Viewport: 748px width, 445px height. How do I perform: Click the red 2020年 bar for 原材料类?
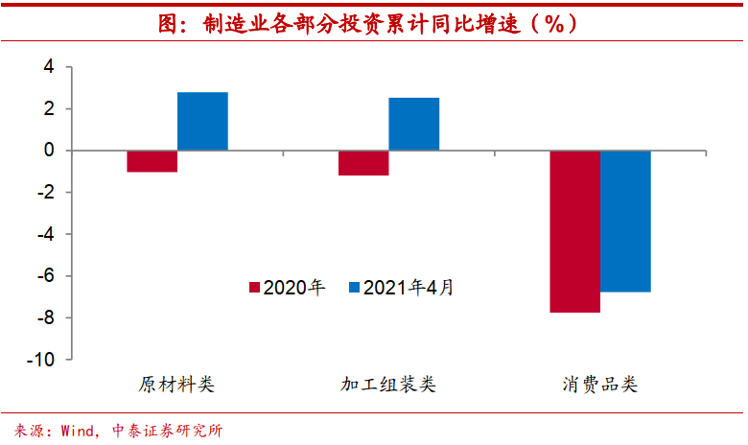152,161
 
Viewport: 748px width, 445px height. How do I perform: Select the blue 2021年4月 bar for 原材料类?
202,122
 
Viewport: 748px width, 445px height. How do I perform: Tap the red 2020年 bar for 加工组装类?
363,163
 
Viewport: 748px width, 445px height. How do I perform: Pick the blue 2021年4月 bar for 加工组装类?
414,125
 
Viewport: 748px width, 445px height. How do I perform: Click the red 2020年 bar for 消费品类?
574,231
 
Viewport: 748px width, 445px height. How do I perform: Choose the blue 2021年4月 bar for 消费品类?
625,221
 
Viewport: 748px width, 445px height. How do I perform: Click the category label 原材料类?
176,386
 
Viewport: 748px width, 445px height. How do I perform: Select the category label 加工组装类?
388,386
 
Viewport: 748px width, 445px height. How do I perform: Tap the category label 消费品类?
600,386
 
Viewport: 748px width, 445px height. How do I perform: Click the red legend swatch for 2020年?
254,288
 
